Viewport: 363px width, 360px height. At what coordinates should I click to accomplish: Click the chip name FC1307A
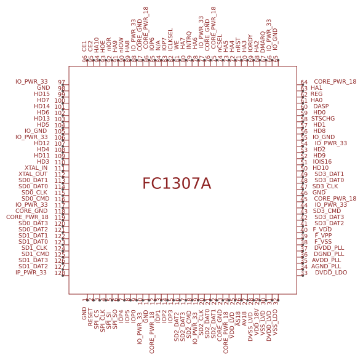(177, 184)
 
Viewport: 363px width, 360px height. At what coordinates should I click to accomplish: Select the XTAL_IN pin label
(36, 168)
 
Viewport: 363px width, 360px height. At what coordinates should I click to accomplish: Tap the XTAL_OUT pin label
(33, 174)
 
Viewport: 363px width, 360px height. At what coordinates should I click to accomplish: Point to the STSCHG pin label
(323, 119)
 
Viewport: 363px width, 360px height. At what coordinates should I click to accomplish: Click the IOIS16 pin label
(322, 162)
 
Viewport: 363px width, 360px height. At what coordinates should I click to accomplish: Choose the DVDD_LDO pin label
(331, 273)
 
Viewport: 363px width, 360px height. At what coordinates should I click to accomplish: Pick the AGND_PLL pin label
(325, 266)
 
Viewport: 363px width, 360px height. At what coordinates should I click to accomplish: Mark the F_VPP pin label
(323, 236)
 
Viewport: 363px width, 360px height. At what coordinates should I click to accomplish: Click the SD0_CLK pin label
(34, 193)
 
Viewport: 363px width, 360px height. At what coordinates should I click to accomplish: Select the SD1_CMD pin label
(35, 254)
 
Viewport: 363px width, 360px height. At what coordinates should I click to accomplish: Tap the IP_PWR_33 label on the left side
(31, 273)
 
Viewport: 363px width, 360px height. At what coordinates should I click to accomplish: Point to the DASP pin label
(321, 106)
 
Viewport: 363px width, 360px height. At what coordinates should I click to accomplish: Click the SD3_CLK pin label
(325, 186)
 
